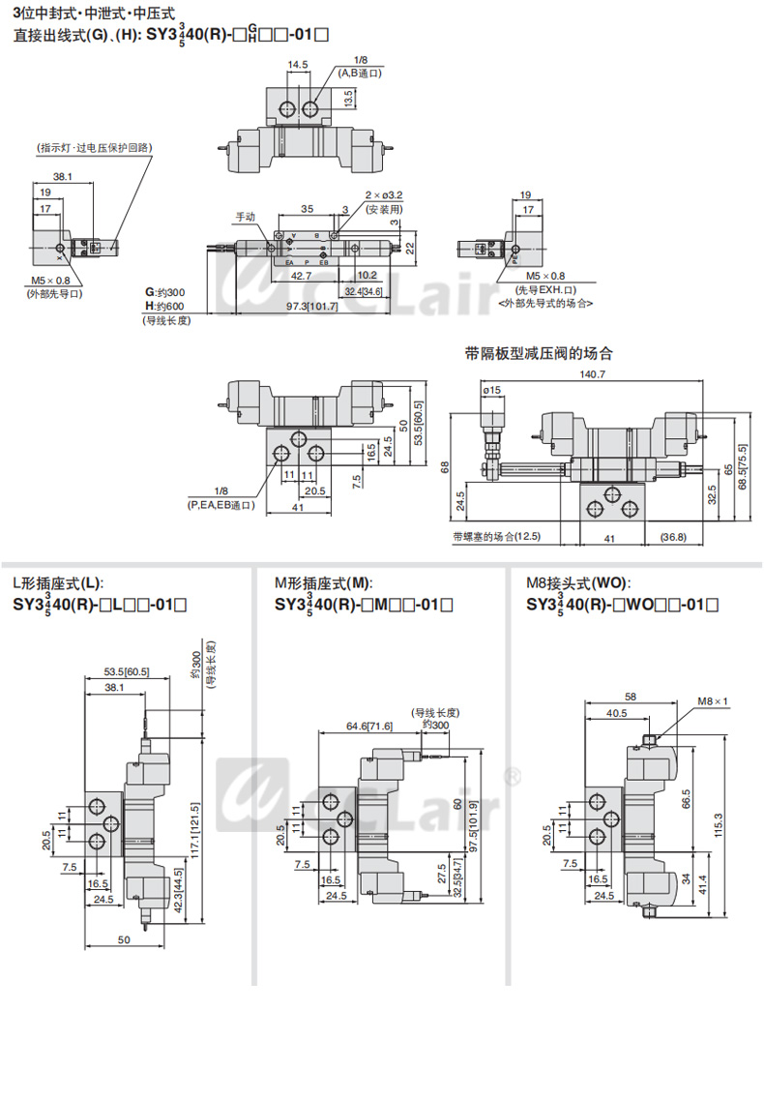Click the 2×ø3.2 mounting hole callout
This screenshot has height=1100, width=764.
click(384, 195)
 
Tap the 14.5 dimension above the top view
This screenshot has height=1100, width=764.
click(297, 65)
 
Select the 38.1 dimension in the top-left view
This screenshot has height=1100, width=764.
click(63, 177)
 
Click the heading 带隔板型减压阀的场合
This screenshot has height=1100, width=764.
click(539, 353)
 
